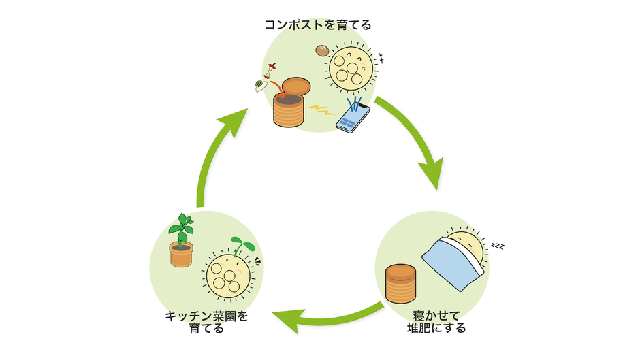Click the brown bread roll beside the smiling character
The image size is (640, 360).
click(322, 50)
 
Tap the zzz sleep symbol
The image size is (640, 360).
click(498, 245)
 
